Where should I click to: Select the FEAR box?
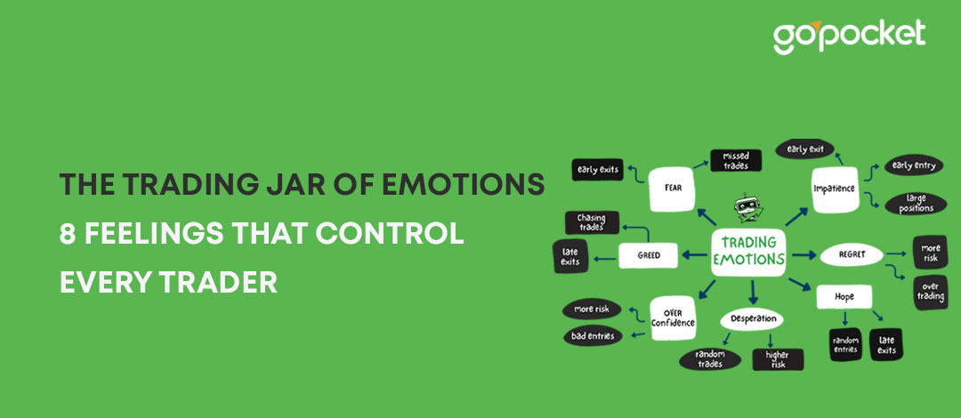point(671,188)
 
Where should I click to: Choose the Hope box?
point(843,296)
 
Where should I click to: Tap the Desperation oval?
point(754,318)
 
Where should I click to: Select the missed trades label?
point(736,160)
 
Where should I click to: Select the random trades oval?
point(710,358)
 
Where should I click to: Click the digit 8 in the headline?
point(67,234)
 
